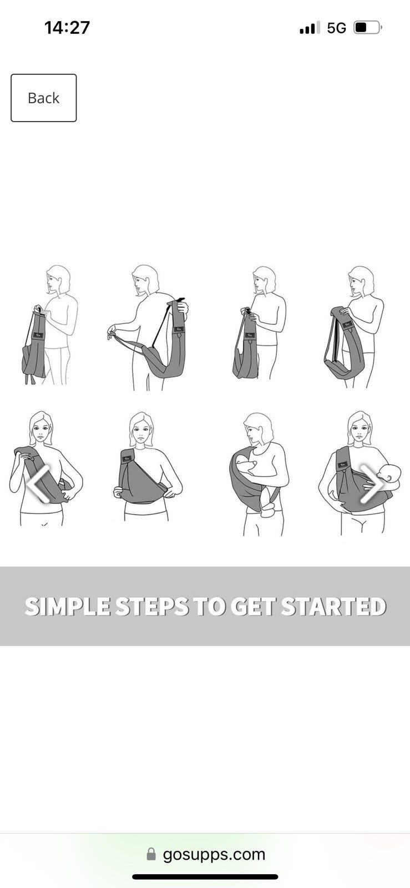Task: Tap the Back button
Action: coord(44,98)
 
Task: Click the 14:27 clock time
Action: coord(67,28)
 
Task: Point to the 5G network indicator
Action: coord(336,28)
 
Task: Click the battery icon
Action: coord(367,28)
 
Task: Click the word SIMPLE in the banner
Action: coord(67,607)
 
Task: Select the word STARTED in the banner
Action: coord(334,607)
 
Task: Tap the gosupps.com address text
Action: coord(214,855)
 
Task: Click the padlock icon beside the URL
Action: coord(151,854)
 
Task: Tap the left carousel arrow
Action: coord(39,484)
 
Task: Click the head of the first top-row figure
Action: coord(58,280)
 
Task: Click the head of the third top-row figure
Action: coord(264,280)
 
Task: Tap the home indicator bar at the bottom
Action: coord(205,876)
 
